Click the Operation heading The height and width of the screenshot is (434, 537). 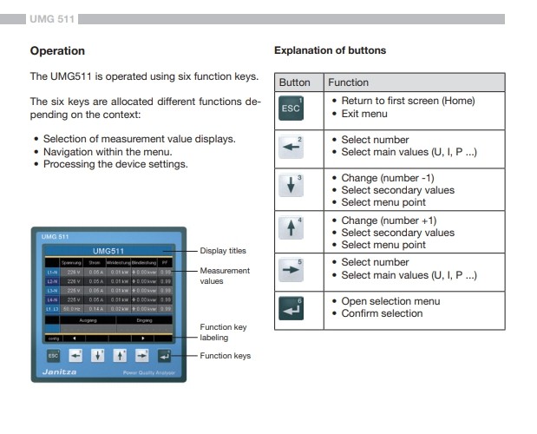pyautogui.click(x=57, y=50)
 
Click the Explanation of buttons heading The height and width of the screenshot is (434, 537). pyautogui.click(x=330, y=50)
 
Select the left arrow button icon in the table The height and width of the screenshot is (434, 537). pyautogui.click(x=291, y=149)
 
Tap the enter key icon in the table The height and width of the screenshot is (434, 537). pyautogui.click(x=291, y=308)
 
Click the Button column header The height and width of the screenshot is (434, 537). pyautogui.click(x=294, y=82)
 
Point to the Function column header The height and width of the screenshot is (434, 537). pyautogui.click(x=348, y=82)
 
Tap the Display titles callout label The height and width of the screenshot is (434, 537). pyautogui.click(x=223, y=251)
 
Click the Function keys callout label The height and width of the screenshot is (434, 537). pyautogui.click(x=225, y=356)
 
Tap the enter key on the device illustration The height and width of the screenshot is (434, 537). pyautogui.click(x=165, y=355)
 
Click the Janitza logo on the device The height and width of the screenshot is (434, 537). pyautogui.click(x=58, y=372)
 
